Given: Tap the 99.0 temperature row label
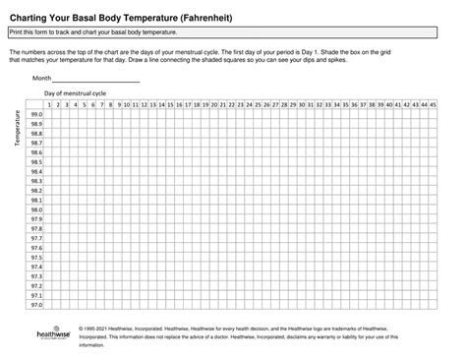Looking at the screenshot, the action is pos(36,114).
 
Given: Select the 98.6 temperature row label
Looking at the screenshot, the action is pos(36,152).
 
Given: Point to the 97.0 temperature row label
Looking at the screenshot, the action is pos(36,304).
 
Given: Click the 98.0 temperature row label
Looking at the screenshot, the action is pos(36,210).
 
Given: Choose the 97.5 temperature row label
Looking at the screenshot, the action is pos(36,257).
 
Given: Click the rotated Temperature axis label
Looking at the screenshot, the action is pos(17,129).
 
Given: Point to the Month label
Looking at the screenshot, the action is pos(42,78).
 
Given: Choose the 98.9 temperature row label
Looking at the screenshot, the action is pos(36,124).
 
